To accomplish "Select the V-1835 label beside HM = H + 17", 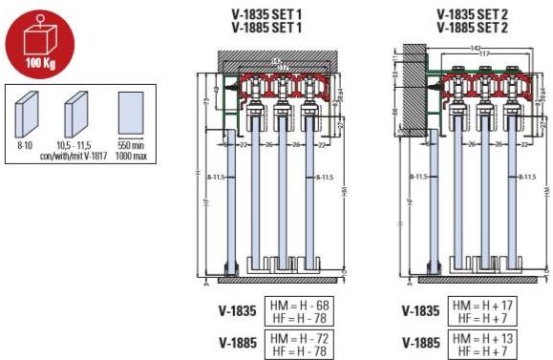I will [x=422, y=311].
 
